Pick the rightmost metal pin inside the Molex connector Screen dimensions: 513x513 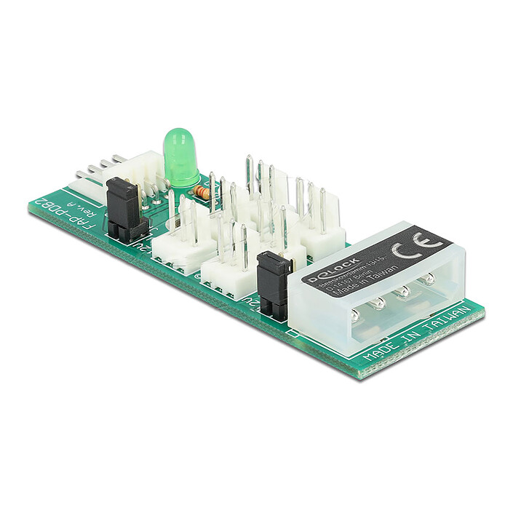(x=429, y=277)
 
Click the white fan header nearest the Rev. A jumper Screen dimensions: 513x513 (x=182, y=240)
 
